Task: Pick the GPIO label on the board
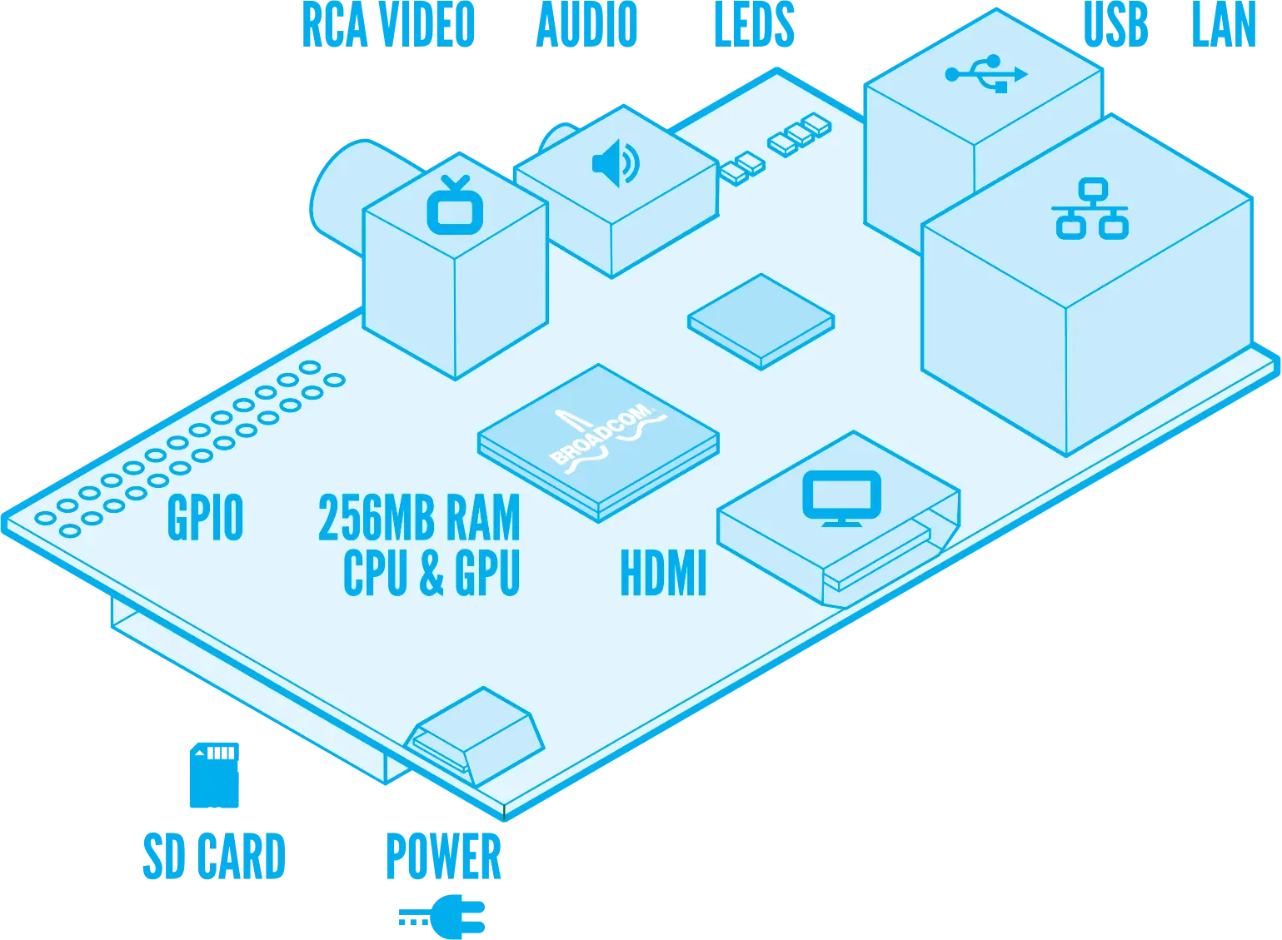(x=205, y=517)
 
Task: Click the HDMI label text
(x=663, y=573)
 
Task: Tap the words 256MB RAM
(x=419, y=517)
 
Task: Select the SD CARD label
(x=213, y=854)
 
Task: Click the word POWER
(x=445, y=856)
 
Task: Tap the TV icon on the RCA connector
(x=455, y=205)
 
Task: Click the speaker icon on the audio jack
(x=616, y=163)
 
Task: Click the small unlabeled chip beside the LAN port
(x=761, y=320)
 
